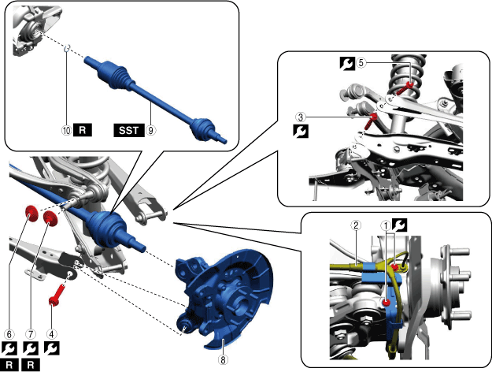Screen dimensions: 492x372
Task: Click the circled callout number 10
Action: (67, 130)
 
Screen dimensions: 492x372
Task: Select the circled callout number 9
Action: (151, 130)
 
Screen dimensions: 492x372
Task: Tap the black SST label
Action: (129, 130)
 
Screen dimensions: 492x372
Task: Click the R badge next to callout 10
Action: (83, 130)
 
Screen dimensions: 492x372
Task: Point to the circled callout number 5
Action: (361, 63)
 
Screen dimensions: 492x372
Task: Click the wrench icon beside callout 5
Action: (347, 63)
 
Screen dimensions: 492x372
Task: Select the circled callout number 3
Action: (301, 117)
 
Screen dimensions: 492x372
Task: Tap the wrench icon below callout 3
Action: (301, 131)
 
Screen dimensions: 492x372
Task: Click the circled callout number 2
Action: (356, 225)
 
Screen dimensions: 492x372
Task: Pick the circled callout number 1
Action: (386, 225)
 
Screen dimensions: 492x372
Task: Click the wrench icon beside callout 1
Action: (400, 225)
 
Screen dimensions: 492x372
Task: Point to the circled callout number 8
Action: (223, 359)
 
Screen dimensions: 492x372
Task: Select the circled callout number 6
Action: (9, 334)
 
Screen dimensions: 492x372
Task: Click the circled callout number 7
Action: (31, 334)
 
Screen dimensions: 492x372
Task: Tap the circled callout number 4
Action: (52, 334)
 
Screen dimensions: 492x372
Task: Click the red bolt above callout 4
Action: (56, 295)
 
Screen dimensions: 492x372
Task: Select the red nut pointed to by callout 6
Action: (31, 214)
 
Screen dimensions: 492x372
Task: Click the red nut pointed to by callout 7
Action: (50, 218)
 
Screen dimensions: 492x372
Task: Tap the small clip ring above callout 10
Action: (67, 48)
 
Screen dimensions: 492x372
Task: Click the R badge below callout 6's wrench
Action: (9, 365)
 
